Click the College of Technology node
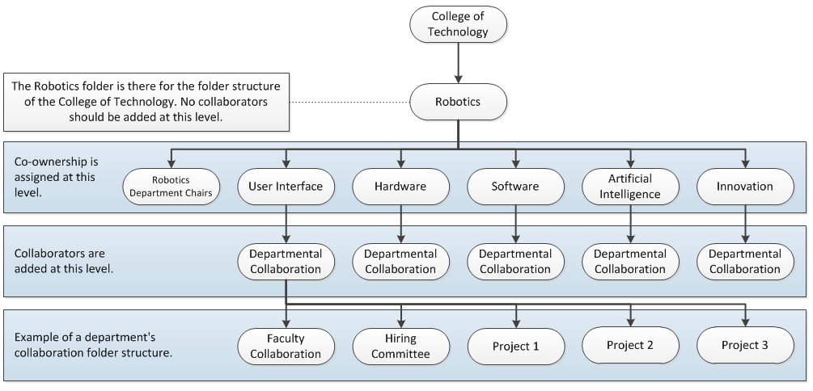459,25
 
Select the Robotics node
458,103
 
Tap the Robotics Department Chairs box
171,187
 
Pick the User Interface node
286,187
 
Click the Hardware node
400,187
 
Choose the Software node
515,187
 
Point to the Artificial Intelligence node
630,187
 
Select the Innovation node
745,187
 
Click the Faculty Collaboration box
286,346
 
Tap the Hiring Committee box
400,346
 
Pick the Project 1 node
515,346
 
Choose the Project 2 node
630,345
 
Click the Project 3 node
745,346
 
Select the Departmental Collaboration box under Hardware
400,262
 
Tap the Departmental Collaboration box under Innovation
745,262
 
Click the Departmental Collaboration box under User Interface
286,262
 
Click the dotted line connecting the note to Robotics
349,103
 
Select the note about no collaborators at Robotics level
146,102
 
